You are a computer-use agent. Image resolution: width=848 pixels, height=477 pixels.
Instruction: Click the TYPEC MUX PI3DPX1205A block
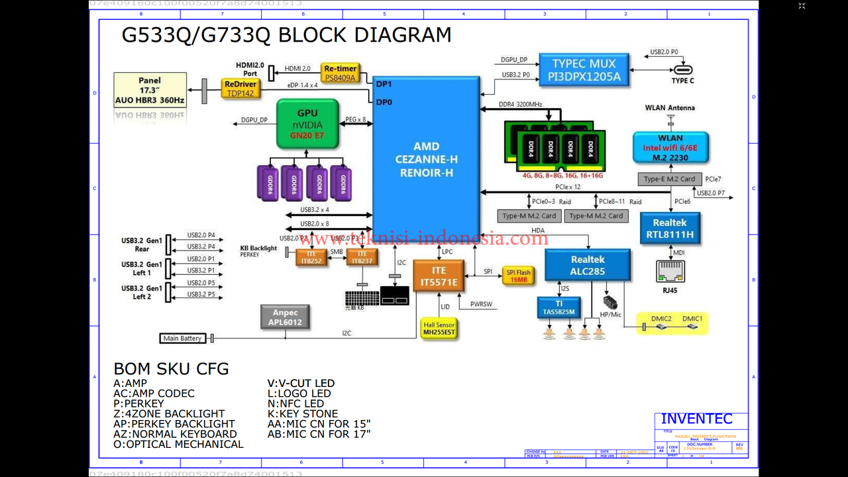click(584, 70)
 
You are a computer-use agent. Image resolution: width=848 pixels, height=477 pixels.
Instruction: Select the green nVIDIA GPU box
click(307, 124)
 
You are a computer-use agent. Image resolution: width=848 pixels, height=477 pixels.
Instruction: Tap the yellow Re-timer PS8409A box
click(341, 73)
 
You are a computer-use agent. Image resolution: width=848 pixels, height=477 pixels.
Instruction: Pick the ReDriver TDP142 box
click(240, 89)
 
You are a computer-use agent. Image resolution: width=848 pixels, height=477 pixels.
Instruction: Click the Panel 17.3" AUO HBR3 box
click(150, 91)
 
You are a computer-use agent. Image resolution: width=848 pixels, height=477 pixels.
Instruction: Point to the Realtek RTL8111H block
click(669, 229)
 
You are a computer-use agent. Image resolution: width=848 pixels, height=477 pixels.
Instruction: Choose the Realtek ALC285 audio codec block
click(588, 265)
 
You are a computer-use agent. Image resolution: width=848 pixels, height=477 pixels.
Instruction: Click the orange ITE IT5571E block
click(439, 277)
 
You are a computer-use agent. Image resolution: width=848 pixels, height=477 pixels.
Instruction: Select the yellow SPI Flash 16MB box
click(518, 276)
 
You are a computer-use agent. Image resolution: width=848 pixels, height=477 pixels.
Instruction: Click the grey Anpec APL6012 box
click(285, 317)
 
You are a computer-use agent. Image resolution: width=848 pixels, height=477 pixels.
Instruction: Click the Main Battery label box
click(182, 339)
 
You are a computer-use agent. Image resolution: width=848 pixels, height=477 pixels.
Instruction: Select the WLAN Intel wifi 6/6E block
click(670, 148)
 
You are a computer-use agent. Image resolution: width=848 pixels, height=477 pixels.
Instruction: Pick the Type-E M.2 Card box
click(669, 179)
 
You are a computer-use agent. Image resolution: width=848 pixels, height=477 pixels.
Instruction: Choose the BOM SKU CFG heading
click(171, 369)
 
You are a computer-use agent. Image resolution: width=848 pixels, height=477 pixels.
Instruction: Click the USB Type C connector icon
click(683, 70)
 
